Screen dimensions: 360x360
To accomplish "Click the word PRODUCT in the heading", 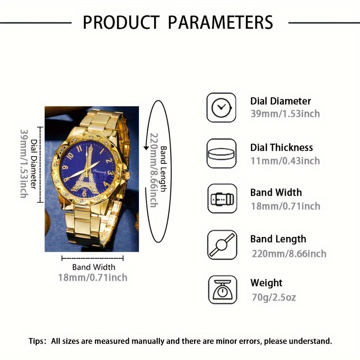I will pyautogui.click(x=121, y=22).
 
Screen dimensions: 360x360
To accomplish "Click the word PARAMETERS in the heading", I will pyautogui.click(x=221, y=22).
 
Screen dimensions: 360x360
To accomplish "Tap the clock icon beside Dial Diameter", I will pyautogui.click(x=221, y=107).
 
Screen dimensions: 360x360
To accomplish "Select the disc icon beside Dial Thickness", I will pyautogui.click(x=221, y=153).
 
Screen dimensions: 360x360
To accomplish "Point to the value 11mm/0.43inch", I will pyautogui.click(x=285, y=161).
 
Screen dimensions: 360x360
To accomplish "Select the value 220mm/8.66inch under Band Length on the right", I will pyautogui.click(x=289, y=253).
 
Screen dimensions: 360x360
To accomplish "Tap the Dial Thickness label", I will pyautogui.click(x=282, y=148).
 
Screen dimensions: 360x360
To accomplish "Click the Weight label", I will pyautogui.click(x=266, y=283).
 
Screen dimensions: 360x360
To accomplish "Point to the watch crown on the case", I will pyautogui.click(x=127, y=175).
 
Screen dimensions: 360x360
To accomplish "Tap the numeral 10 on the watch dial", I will pyautogui.click(x=70, y=156).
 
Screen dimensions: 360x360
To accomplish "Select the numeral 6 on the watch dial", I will pyautogui.click(x=85, y=194).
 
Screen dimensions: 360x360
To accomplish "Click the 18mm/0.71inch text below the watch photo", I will pyautogui.click(x=93, y=278).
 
